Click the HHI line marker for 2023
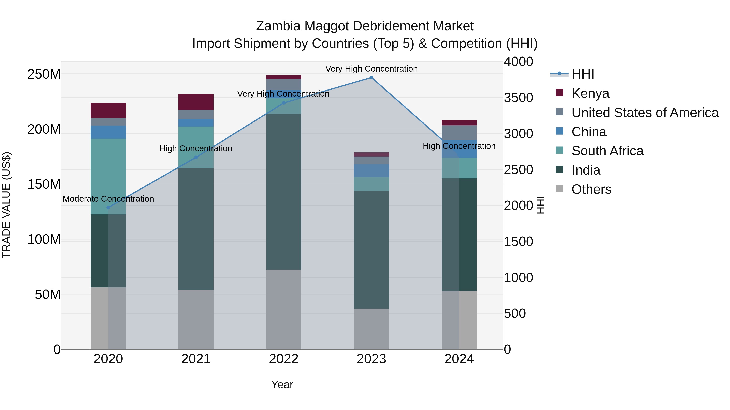tap(371, 78)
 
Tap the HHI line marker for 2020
tap(108, 207)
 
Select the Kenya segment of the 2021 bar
tap(196, 102)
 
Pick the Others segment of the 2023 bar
tap(371, 329)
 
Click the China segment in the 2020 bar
tap(108, 132)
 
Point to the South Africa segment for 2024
tap(459, 168)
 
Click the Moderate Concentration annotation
tap(108, 199)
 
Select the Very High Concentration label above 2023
tap(371, 69)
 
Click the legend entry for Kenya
tap(590, 93)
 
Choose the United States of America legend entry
tap(645, 113)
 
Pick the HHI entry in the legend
tap(582, 74)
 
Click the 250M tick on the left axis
tap(44, 74)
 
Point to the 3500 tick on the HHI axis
tap(518, 98)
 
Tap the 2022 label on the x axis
tap(284, 359)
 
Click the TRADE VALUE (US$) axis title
tap(6, 205)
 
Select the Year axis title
tap(282, 384)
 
